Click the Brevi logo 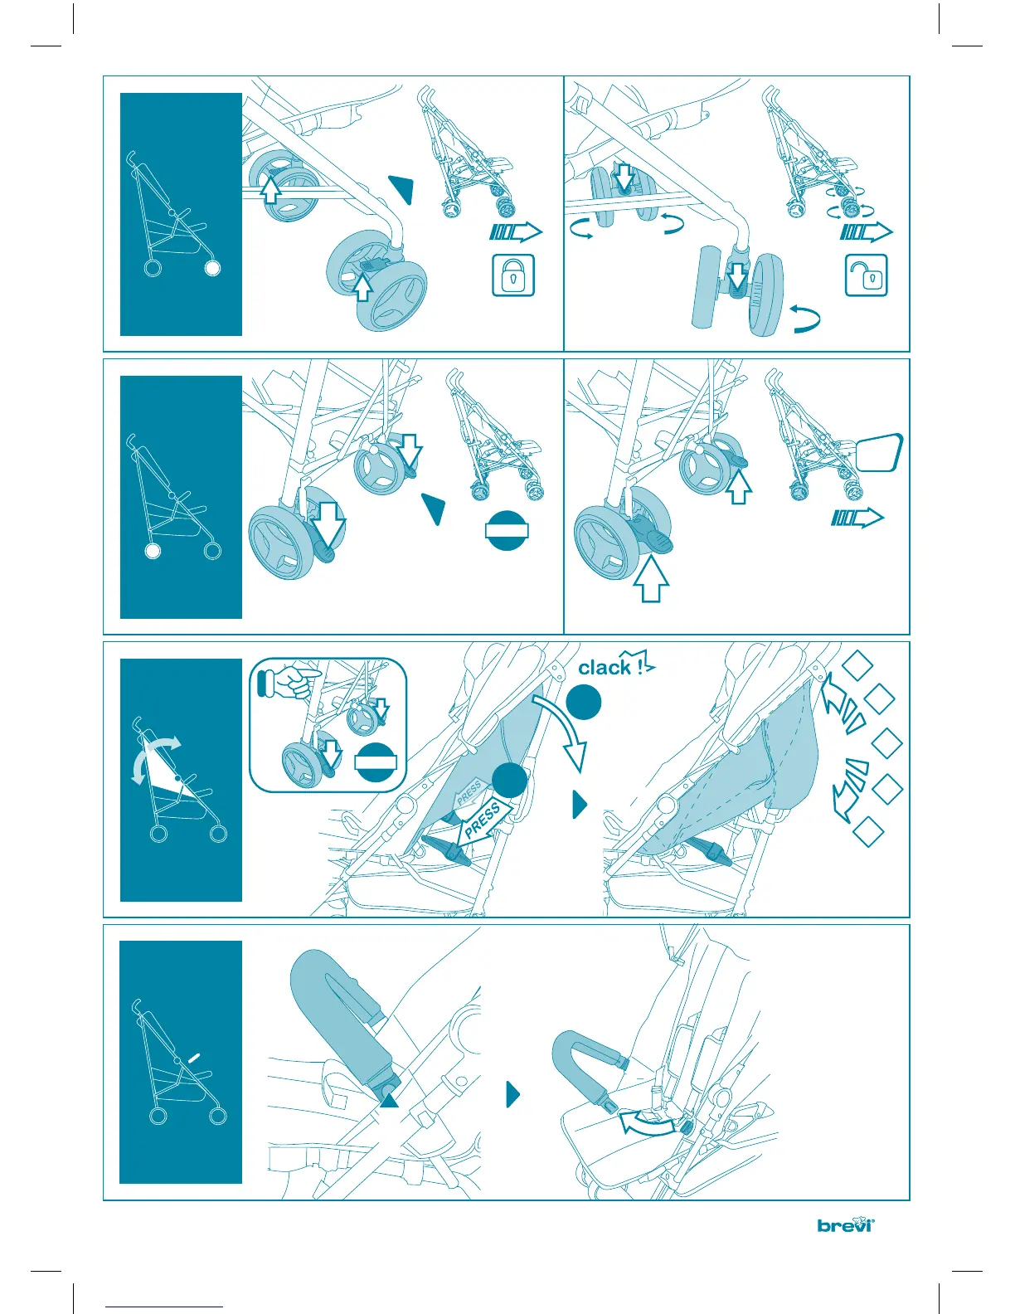(x=846, y=1224)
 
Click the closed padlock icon (x=513, y=275)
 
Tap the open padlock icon (x=867, y=275)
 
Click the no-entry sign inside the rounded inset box (x=375, y=762)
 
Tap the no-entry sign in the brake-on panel (x=507, y=530)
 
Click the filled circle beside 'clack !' (x=583, y=702)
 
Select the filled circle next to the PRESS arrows (x=510, y=781)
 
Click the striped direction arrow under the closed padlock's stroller (x=516, y=231)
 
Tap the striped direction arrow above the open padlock (x=866, y=231)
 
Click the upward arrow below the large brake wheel (x=650, y=579)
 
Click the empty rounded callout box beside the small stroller (x=880, y=452)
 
